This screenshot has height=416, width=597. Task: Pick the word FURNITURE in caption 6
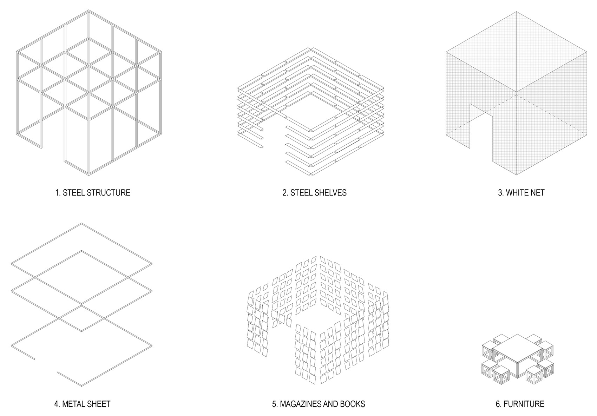[x=524, y=404]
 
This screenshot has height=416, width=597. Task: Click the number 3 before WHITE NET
[x=500, y=193]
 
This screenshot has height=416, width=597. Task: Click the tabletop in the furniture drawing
[x=516, y=348]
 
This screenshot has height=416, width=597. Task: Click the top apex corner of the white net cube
[x=516, y=11]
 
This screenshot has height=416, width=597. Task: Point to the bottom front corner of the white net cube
[x=516, y=174]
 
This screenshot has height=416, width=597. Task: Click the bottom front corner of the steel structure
[x=88, y=174]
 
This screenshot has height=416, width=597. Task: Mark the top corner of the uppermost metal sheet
[x=82, y=224]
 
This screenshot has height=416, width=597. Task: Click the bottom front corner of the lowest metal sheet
[x=82, y=386]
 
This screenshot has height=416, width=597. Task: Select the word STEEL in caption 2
[x=300, y=193]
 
